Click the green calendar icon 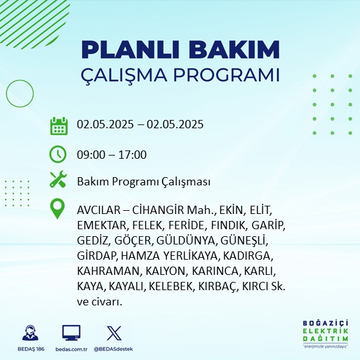(x=59, y=126)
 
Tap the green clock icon (x=58, y=154)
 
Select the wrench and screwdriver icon (x=58, y=179)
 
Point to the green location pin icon (x=57, y=208)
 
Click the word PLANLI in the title (x=130, y=50)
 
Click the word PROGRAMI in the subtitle (x=227, y=75)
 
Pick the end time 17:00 (x=133, y=155)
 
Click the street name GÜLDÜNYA (x=186, y=241)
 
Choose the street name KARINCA (x=217, y=271)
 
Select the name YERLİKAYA (x=190, y=256)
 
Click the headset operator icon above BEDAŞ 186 (x=30, y=333)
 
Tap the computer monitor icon (x=71, y=333)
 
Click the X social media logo (x=114, y=333)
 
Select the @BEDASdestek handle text (x=113, y=349)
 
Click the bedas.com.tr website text (x=71, y=349)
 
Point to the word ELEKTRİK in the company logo (x=325, y=331)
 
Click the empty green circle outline (x=6, y=94)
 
